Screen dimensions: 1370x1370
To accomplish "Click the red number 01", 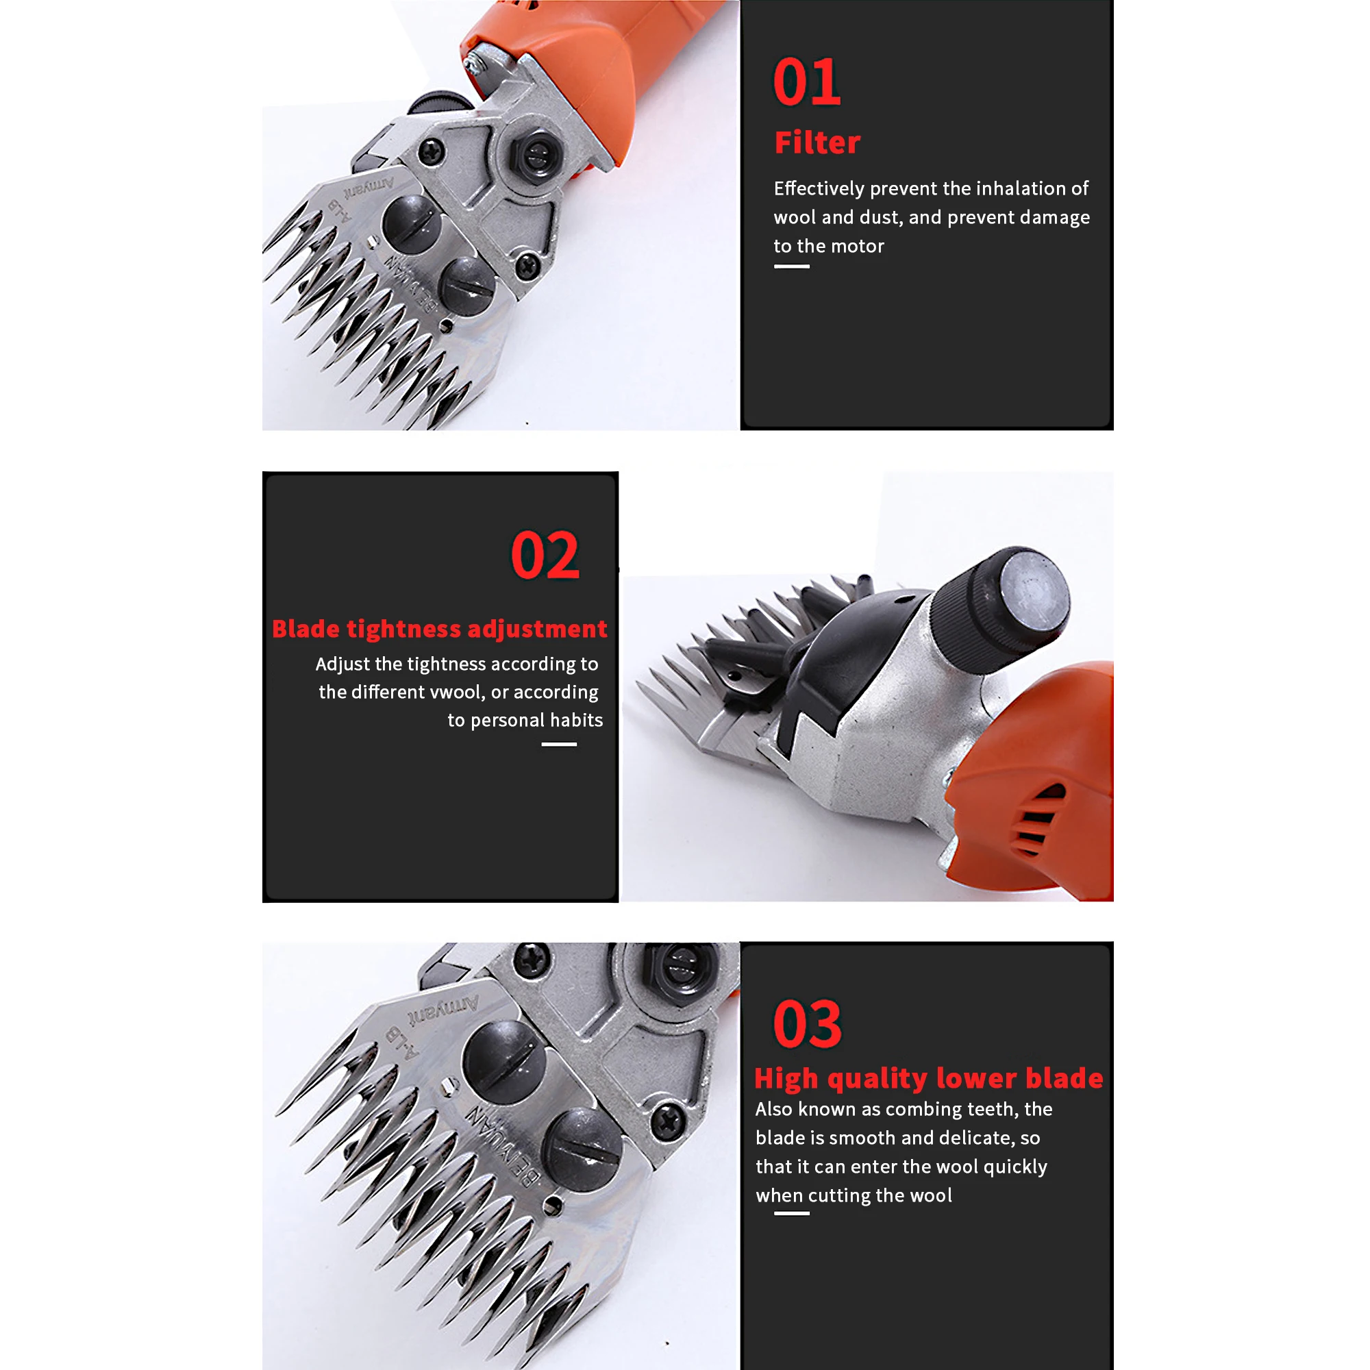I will tap(806, 82).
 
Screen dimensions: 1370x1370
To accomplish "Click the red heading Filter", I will tap(817, 142).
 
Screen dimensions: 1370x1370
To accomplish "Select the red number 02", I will tap(545, 556).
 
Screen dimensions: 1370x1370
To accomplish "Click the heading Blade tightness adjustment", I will tap(440, 629).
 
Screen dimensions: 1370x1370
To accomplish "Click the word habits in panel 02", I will tap(576, 721).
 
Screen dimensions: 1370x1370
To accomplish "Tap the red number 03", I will tap(807, 1024).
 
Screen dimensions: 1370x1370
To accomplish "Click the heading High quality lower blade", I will tap(928, 1078).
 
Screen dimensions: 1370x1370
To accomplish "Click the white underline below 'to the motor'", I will tap(791, 266).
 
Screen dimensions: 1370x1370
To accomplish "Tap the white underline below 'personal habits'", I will tap(559, 744).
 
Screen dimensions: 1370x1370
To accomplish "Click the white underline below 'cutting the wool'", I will tap(791, 1213).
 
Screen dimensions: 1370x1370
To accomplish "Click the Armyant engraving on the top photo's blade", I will tap(369, 188).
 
